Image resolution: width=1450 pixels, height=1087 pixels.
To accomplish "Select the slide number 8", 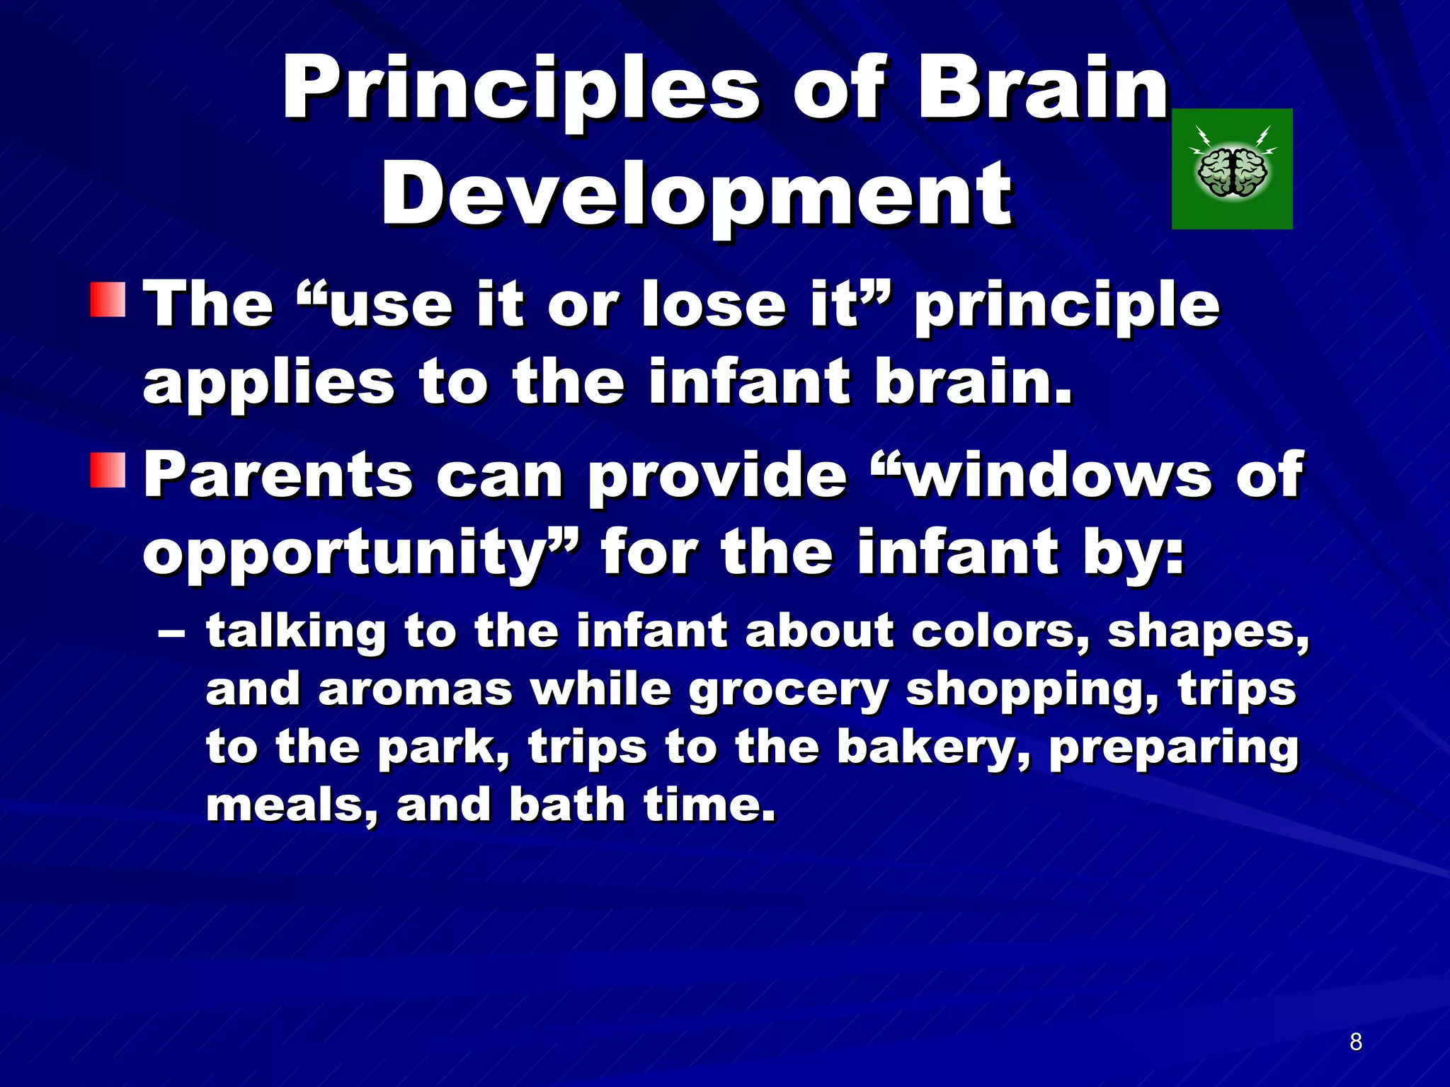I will coord(1355,1042).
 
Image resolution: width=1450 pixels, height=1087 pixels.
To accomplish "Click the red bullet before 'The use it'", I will coord(108,300).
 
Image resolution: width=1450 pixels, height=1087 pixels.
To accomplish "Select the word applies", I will coord(268,384).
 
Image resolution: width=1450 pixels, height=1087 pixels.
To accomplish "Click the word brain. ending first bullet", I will coord(974,382).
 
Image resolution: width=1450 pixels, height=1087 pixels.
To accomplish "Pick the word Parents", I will coord(278,476).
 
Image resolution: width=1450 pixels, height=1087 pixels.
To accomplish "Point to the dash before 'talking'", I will coord(171,632).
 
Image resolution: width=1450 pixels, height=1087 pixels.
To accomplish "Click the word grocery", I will coord(788,691).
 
